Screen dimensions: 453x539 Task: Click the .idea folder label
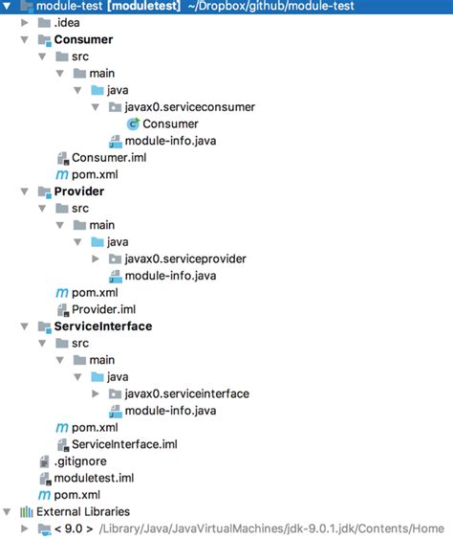[x=67, y=23]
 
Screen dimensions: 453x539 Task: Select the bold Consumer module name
[x=83, y=39]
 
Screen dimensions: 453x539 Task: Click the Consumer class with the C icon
[x=170, y=124]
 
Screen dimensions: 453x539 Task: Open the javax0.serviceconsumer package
[x=190, y=107]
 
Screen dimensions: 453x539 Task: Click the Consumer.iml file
[x=109, y=157]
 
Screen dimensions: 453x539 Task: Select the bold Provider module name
[x=79, y=191]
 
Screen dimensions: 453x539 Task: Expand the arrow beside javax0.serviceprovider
[x=96, y=258]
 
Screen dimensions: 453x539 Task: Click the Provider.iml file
[x=103, y=309]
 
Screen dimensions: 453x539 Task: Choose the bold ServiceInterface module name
[x=103, y=326]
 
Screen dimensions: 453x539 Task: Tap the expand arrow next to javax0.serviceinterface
[x=96, y=393]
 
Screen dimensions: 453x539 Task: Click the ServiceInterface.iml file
[x=124, y=444]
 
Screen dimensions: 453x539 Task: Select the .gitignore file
[x=80, y=460]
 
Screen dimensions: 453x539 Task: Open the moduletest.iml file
[x=94, y=478]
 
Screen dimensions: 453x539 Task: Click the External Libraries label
[x=83, y=511]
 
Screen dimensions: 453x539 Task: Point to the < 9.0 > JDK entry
[x=74, y=528]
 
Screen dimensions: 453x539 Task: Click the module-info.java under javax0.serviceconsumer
[x=170, y=141]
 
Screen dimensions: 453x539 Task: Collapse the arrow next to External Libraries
[x=7, y=512]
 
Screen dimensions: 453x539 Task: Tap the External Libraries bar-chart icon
[x=27, y=512]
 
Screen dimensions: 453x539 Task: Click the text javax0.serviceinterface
[x=187, y=393]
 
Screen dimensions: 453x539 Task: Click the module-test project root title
[x=69, y=6]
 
